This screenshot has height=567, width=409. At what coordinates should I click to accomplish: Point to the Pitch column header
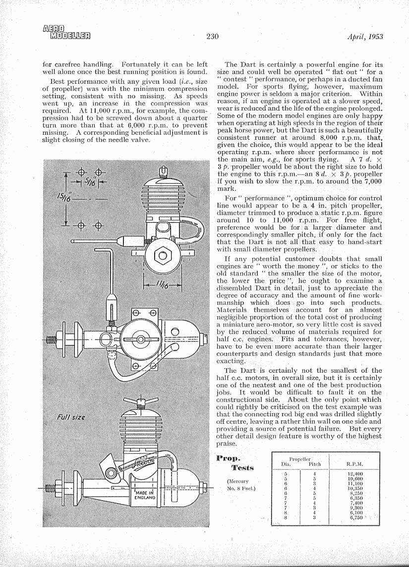point(315,464)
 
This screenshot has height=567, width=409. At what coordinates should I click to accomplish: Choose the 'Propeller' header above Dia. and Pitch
point(299,459)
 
